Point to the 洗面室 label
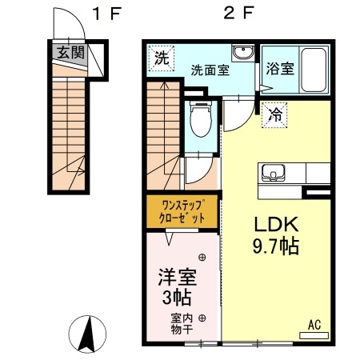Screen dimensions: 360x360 pos(210,70)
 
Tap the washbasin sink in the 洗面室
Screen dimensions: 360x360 pos(242,53)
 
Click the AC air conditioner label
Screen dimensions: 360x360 pos(314,325)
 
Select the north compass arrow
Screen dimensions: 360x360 pos(89,332)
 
